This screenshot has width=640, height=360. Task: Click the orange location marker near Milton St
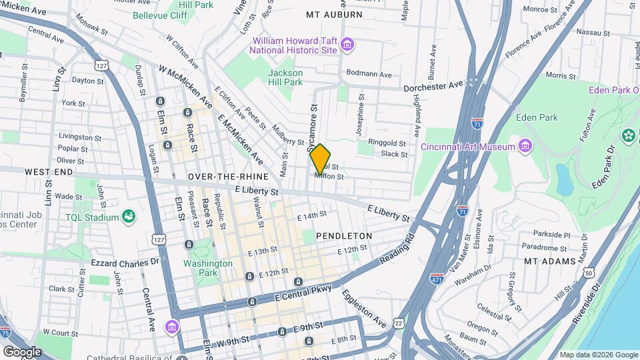(x=320, y=158)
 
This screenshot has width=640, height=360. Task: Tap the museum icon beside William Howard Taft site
(x=347, y=45)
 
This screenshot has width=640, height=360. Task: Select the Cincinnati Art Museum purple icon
(x=525, y=146)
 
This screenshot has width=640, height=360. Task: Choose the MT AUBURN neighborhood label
(x=334, y=14)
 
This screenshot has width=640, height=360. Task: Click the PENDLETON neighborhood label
(x=343, y=236)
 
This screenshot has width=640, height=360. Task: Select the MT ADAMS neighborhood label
(x=549, y=261)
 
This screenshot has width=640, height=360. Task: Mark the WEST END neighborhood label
(x=48, y=172)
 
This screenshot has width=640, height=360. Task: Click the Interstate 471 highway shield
(x=437, y=279)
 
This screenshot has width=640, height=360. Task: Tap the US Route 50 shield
(x=588, y=273)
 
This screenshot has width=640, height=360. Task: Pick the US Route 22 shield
(x=399, y=323)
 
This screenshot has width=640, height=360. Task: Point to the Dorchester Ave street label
(x=433, y=86)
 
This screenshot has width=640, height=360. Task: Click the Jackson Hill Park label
(x=285, y=77)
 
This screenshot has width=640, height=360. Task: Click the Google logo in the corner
(x=22, y=351)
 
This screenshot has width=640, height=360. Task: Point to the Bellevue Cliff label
(x=159, y=15)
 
